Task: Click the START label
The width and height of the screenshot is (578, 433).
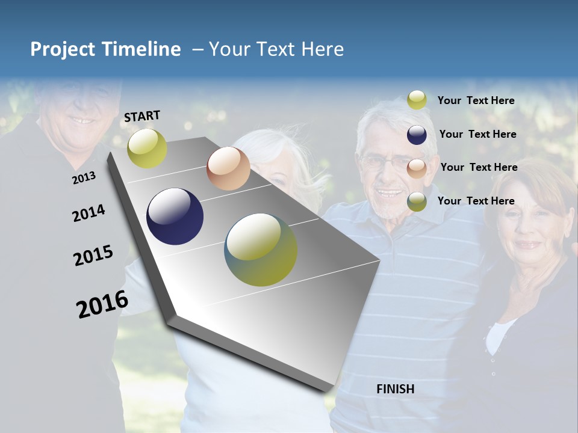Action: (142, 116)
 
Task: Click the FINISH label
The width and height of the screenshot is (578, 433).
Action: (395, 389)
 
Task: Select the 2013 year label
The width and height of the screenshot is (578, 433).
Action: (84, 178)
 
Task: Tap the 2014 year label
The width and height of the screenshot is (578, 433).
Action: (89, 213)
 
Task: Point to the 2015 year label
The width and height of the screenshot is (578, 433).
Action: (93, 256)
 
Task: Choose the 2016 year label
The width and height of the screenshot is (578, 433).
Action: (102, 304)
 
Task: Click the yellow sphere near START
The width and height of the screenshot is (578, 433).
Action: (147, 148)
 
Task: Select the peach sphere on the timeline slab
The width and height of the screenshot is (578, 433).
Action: (228, 168)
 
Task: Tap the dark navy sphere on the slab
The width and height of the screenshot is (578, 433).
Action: (175, 216)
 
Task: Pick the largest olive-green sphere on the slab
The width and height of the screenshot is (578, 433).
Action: (261, 250)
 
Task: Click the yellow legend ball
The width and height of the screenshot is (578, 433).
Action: (417, 100)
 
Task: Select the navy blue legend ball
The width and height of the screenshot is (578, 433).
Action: (417, 135)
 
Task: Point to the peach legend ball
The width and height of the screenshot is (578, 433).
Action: (417, 168)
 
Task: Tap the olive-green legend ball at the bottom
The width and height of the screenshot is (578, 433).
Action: (417, 201)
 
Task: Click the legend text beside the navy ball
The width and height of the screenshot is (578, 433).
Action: (477, 134)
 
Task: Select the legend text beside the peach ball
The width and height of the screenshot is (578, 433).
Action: (479, 167)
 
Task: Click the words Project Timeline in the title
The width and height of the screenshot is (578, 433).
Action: (105, 49)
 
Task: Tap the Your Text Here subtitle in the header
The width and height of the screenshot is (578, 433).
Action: (276, 49)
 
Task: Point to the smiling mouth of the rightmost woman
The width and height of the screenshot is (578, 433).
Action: (529, 245)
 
